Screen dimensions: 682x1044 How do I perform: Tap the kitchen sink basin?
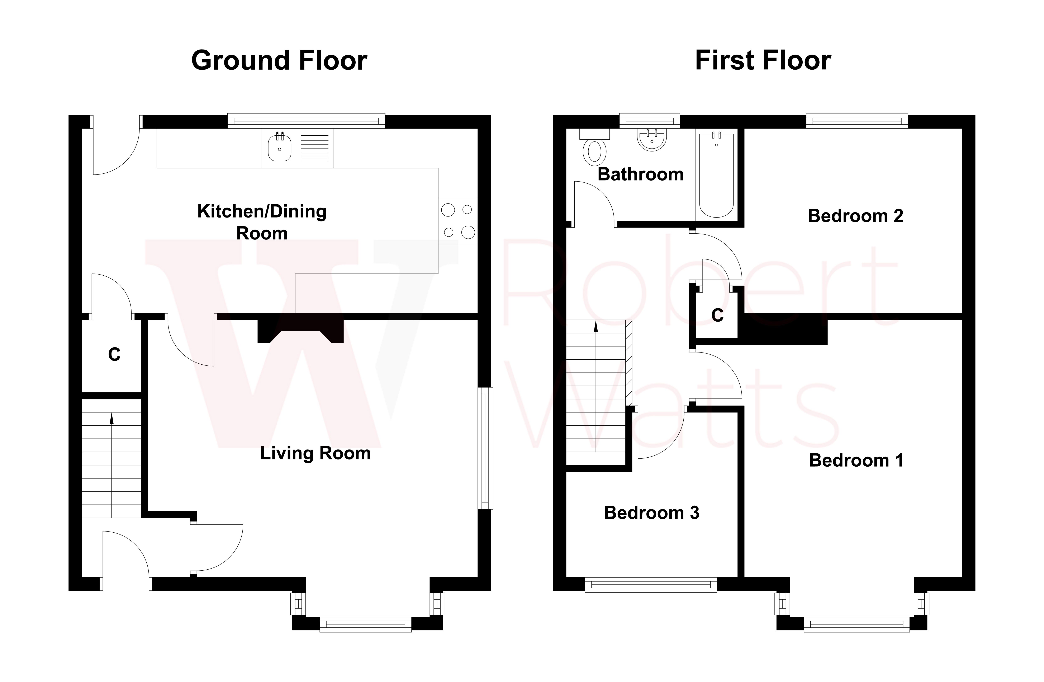click(279, 148)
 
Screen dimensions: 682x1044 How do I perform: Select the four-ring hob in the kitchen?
click(457, 221)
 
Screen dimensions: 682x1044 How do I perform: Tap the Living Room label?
click(315, 453)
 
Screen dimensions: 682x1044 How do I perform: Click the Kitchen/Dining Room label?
click(262, 222)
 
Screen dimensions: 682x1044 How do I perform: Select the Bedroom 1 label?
click(856, 460)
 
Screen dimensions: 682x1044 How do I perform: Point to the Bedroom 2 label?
click(855, 216)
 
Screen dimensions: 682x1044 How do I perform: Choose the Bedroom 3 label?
click(651, 513)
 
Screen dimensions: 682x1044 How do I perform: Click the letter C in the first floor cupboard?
click(717, 315)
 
